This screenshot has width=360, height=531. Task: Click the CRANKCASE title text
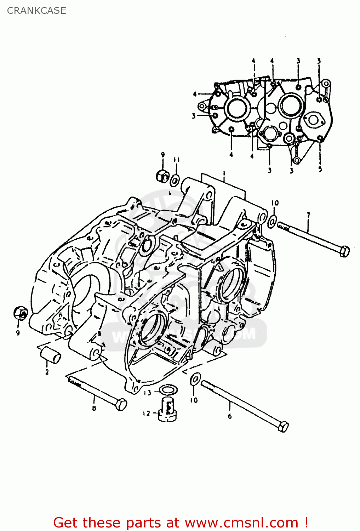point(36,11)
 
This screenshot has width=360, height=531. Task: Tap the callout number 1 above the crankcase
point(224,173)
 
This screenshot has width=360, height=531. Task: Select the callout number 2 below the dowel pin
point(47,372)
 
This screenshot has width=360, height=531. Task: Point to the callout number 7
point(308,215)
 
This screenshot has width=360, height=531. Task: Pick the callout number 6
point(230,416)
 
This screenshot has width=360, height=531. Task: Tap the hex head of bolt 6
point(283,427)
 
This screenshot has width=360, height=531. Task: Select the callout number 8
point(94,408)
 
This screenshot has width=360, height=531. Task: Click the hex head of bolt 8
point(121,404)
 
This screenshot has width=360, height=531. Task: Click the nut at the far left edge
point(20,313)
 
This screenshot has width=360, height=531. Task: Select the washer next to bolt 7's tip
point(272,221)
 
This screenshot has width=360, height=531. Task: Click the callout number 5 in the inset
point(320,169)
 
